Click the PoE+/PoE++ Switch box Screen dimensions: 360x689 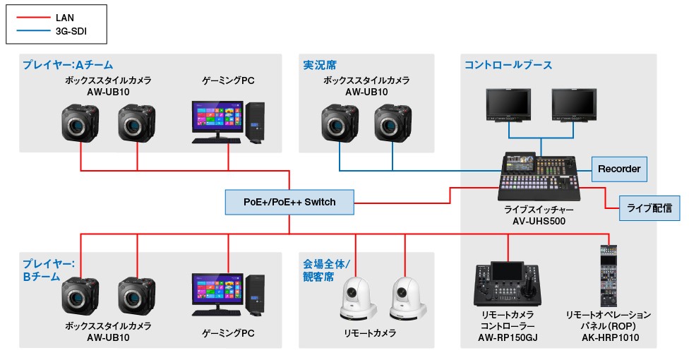(x=289, y=202)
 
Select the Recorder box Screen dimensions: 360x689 (x=618, y=169)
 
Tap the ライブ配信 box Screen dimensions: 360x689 (x=649, y=208)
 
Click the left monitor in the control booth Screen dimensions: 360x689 (x=508, y=106)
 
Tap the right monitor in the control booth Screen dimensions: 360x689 (x=574, y=106)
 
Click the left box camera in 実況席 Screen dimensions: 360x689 (x=340, y=124)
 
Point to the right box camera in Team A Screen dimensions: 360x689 (x=137, y=124)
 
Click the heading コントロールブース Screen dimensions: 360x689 (x=508, y=65)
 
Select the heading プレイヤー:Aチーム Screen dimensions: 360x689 (x=67, y=65)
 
